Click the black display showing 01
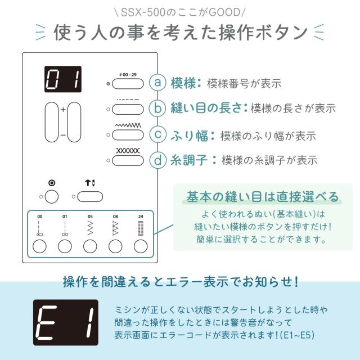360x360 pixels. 63,79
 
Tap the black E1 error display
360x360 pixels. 66,322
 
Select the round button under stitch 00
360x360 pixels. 39,246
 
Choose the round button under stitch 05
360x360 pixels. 90,246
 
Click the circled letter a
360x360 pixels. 157,83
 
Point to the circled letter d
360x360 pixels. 157,160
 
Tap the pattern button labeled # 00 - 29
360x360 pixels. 128,84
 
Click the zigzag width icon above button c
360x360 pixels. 128,125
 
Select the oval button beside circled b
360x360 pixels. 128,109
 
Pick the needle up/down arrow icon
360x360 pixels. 90,183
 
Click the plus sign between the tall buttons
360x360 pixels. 63,110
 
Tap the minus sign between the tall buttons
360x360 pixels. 63,135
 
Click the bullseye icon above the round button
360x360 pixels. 52,183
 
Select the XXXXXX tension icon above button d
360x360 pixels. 128,151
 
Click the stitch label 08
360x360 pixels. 115,217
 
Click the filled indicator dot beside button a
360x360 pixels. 108,84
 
